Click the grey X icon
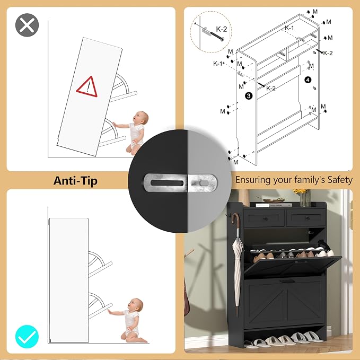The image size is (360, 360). click(27, 25)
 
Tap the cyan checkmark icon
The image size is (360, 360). click(27, 337)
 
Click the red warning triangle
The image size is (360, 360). click(87, 87)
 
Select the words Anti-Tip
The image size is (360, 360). click(75, 181)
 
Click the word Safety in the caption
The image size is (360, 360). click(340, 180)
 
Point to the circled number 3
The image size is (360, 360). click(249, 96)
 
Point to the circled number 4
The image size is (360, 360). click(308, 80)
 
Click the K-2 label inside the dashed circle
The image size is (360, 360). click(221, 29)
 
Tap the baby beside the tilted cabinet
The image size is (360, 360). click(135, 133)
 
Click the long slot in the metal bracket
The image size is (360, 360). click(167, 183)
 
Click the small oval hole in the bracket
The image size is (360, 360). click(204, 183)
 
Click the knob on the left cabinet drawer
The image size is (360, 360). click(265, 218)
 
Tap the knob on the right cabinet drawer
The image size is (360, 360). click(307, 218)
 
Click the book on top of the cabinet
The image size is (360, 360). click(274, 205)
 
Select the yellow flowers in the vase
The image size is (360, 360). click(300, 192)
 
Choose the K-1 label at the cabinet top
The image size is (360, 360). click(289, 28)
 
